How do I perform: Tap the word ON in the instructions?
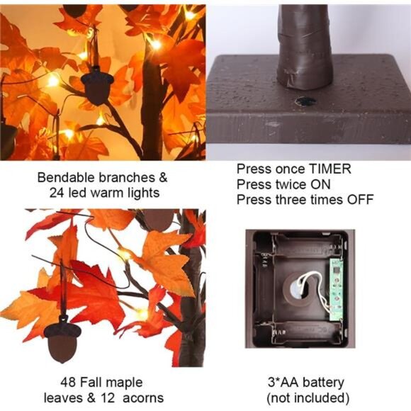point(322,185)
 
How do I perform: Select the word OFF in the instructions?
point(360,200)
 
